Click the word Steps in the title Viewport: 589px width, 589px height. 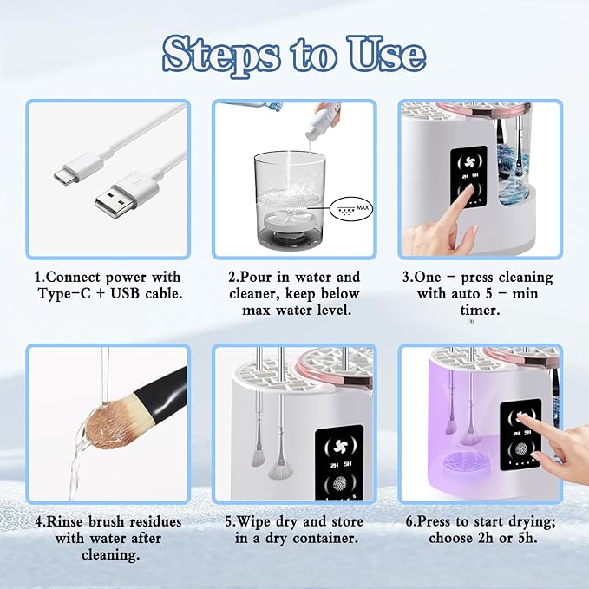223,55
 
